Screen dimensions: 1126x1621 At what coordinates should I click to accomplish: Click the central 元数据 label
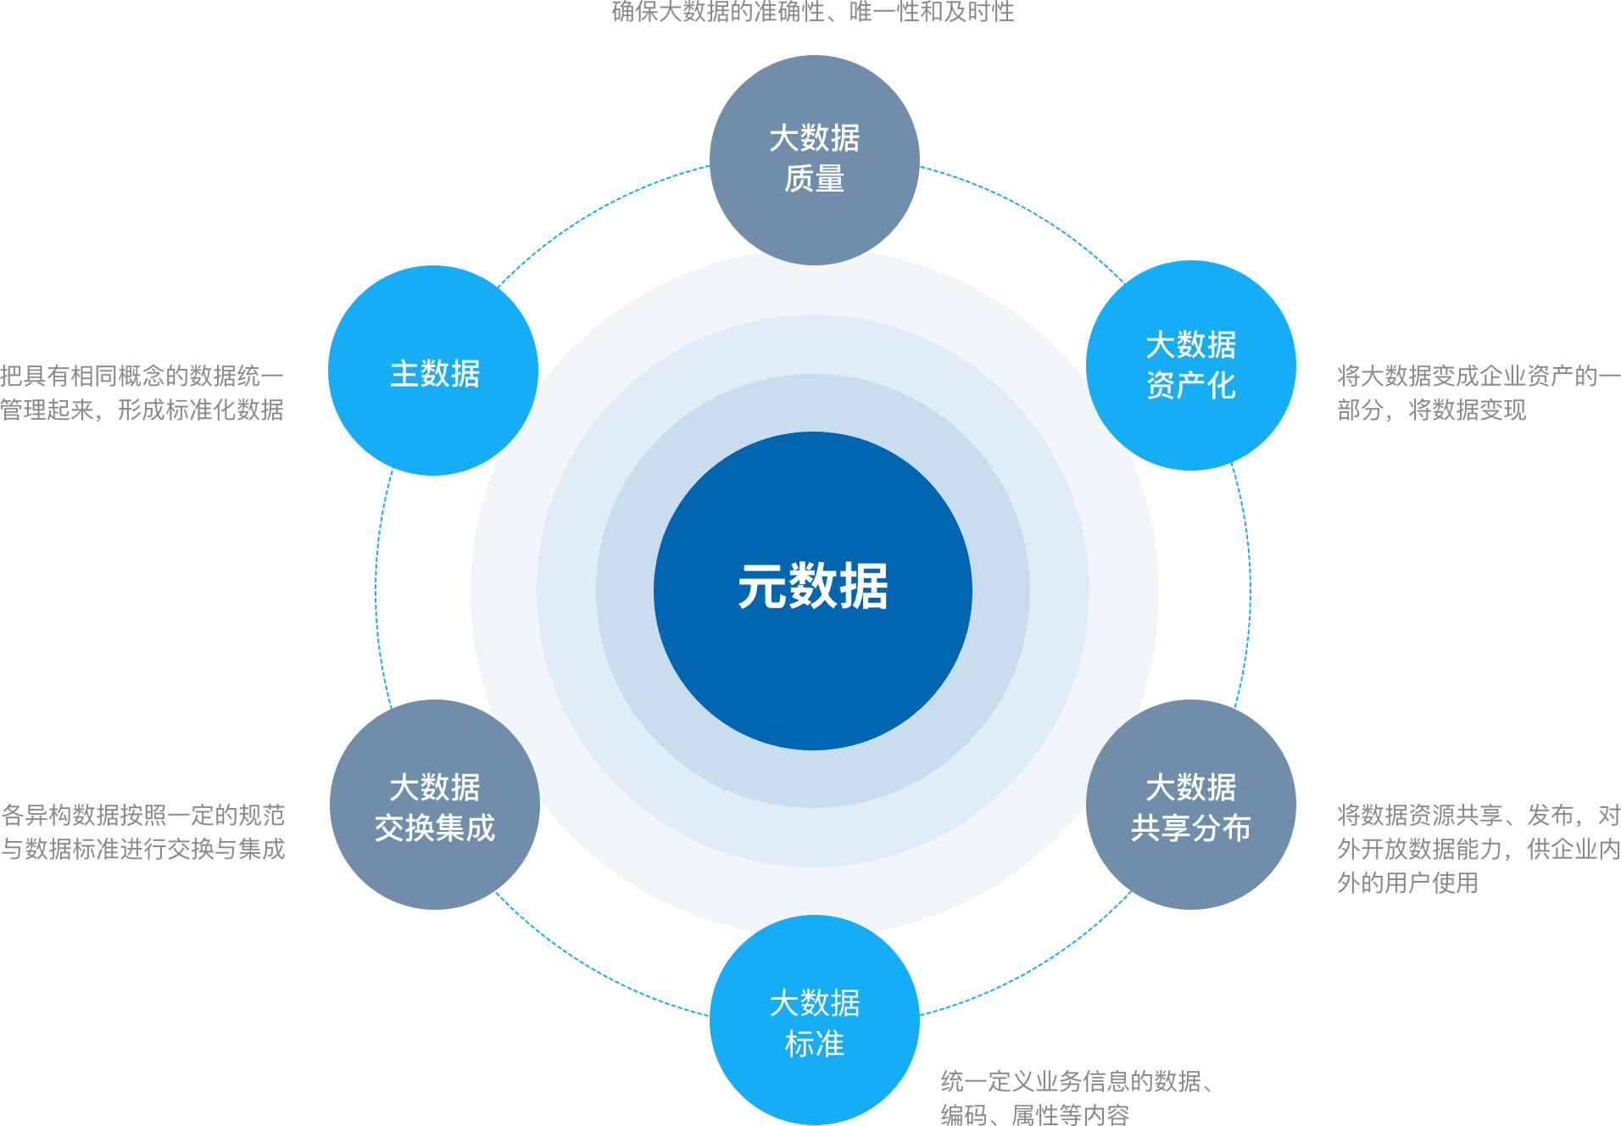click(812, 587)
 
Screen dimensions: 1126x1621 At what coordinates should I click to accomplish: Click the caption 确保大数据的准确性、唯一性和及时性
click(812, 12)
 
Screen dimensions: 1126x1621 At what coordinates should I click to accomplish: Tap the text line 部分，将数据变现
click(1431, 410)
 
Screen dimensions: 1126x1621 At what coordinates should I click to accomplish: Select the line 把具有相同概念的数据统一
click(142, 376)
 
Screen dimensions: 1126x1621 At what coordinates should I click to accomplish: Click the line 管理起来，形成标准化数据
click(142, 410)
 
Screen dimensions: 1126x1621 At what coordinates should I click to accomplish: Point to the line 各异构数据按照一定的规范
click(143, 815)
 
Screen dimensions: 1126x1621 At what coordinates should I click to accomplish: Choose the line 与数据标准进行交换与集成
click(143, 849)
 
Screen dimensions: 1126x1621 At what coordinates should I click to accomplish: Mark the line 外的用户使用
click(1407, 883)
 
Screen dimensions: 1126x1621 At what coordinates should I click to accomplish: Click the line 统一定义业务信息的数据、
click(1077, 1081)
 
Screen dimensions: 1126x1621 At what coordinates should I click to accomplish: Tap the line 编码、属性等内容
click(1034, 1114)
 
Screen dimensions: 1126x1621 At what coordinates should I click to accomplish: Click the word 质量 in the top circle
click(814, 179)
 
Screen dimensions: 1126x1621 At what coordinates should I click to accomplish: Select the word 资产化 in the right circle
click(1190, 386)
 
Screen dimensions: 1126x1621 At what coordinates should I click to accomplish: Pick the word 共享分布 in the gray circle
click(1190, 828)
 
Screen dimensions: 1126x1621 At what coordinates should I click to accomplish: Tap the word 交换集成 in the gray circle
click(434, 828)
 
